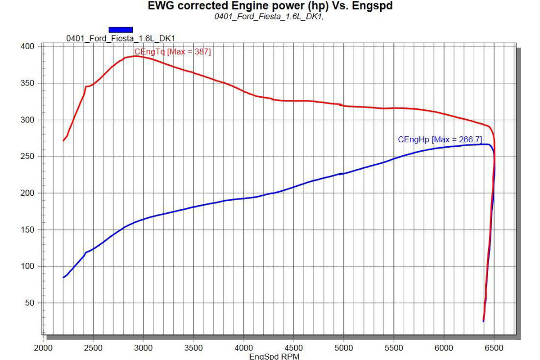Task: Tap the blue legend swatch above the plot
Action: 121,30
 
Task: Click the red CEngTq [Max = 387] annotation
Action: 172,52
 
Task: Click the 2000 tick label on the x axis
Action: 43,348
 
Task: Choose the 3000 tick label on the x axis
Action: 143,348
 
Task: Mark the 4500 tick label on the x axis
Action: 293,348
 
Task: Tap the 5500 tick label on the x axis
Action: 394,348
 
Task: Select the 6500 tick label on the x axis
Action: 494,348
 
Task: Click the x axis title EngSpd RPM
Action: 274,356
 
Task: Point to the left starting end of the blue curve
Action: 63,277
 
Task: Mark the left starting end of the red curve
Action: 63,140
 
